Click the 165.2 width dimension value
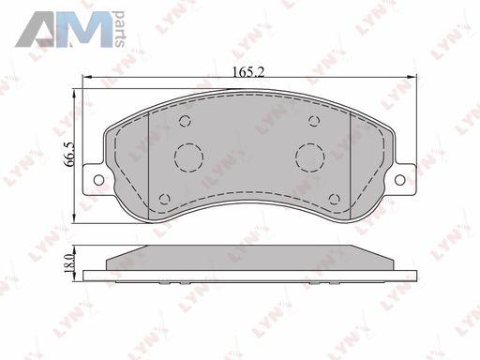tap(248, 72)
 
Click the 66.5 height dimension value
tap(68, 154)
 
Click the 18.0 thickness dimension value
tap(68, 262)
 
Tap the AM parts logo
tap(70, 29)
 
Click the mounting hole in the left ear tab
tap(98, 180)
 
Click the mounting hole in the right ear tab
tap(400, 180)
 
